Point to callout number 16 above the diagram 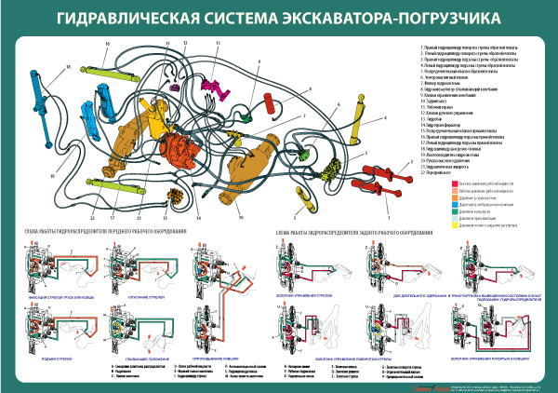point(107,44)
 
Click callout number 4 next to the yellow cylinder point(383,120)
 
